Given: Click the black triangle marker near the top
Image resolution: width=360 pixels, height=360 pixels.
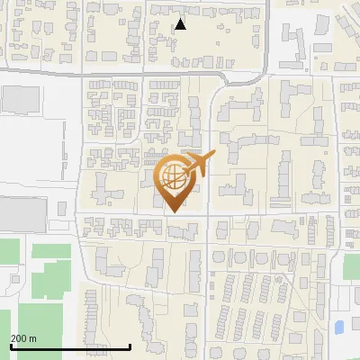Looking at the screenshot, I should pyautogui.click(x=181, y=24).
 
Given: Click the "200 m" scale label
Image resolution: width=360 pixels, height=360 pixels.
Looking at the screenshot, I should pyautogui.click(x=23, y=338).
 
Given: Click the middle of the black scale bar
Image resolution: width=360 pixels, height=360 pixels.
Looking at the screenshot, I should pyautogui.click(x=70, y=346).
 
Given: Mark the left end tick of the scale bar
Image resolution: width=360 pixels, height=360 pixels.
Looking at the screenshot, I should pyautogui.click(x=11, y=346).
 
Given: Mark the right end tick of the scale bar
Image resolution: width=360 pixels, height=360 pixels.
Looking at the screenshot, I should pyautogui.click(x=130, y=346).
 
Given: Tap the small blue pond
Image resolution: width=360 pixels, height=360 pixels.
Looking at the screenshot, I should pyautogui.click(x=339, y=327).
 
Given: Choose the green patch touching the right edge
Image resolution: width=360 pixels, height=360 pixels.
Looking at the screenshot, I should pyautogui.click(x=351, y=267).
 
